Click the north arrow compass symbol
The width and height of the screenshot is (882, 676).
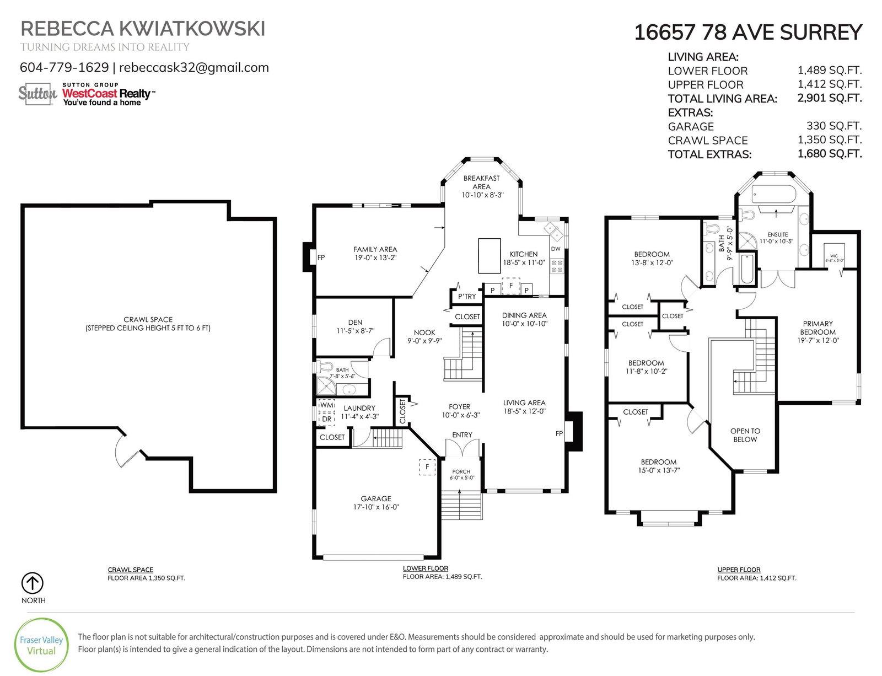(33, 583)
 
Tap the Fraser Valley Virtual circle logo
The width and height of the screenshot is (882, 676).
(41, 645)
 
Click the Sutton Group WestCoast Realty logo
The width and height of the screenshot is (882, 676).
(87, 94)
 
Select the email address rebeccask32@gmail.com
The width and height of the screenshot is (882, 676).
(193, 67)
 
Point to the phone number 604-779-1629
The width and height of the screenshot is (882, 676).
(64, 67)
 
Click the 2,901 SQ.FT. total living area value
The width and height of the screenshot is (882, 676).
(829, 98)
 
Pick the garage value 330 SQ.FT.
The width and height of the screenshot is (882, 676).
(833, 126)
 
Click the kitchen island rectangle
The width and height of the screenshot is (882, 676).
(489, 256)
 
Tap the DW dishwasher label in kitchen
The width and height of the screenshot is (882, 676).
(556, 249)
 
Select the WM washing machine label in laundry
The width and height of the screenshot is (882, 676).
(327, 405)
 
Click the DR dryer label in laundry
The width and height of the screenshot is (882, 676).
(327, 419)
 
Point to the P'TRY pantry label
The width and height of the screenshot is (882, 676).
(467, 297)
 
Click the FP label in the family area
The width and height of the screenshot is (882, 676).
(321, 257)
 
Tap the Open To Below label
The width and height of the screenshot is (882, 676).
(745, 435)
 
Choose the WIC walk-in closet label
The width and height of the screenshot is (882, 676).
(834, 258)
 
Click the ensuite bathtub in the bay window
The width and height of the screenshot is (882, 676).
(773, 195)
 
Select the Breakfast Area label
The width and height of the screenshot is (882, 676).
(482, 183)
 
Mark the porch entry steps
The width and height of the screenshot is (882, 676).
(461, 505)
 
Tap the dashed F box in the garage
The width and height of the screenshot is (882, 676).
(427, 467)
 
